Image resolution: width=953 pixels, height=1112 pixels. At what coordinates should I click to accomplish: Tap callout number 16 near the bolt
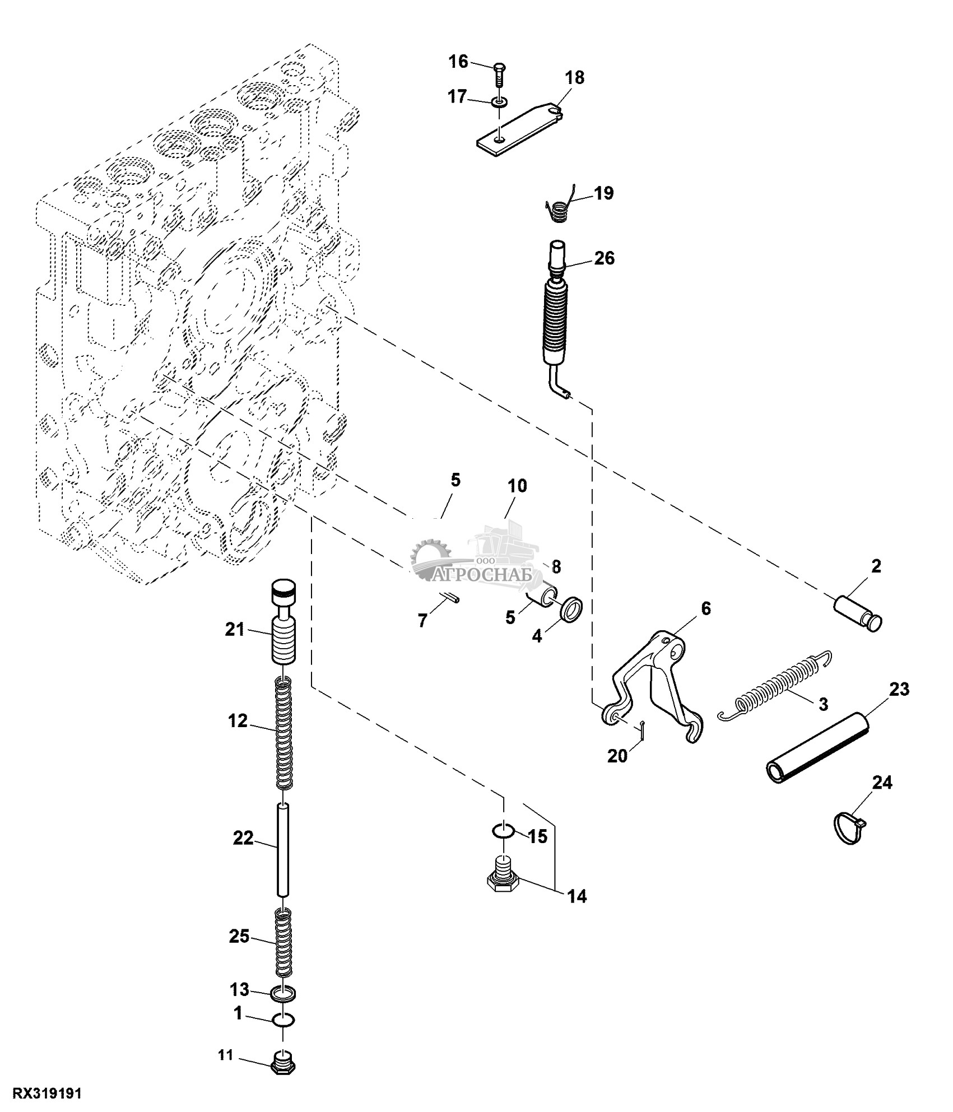(x=459, y=61)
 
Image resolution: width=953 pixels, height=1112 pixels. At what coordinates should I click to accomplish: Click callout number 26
(x=605, y=258)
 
